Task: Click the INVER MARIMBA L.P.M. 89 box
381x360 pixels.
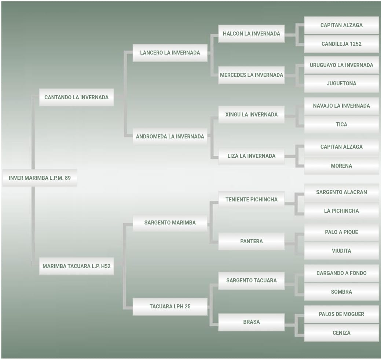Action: pos(40,178)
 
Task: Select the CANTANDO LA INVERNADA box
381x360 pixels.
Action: pos(76,97)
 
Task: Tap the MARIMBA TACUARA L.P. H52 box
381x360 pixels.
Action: pos(76,266)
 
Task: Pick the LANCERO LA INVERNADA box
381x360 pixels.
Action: pos(170,53)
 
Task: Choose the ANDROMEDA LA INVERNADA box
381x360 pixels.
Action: pos(170,137)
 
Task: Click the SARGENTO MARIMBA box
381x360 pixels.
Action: pos(170,223)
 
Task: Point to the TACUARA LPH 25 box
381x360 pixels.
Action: pos(170,307)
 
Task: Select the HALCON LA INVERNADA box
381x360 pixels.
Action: pos(251,34)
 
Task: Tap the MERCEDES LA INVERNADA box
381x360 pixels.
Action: pos(251,75)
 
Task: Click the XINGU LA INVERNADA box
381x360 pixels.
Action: pos(251,115)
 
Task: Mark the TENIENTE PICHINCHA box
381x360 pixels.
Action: pos(251,200)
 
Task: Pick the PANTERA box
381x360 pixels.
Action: pos(251,241)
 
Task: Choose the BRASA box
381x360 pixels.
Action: pos(251,322)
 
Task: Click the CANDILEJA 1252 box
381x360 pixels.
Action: pos(341,44)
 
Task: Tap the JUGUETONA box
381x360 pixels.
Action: pos(341,83)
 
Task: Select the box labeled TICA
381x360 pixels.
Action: pos(341,125)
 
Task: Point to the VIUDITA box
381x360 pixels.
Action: pos(341,251)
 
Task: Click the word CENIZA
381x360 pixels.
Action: pos(341,333)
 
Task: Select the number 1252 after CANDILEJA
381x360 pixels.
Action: pos(356,44)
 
